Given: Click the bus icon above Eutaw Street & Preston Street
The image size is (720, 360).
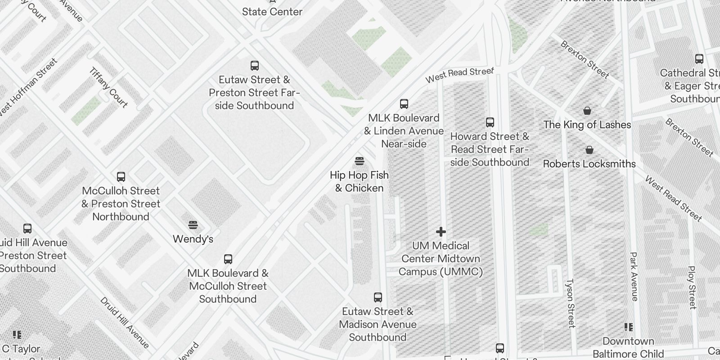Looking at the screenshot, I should pyautogui.click(x=255, y=66).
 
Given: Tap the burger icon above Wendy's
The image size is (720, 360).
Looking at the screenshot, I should pyautogui.click(x=193, y=225).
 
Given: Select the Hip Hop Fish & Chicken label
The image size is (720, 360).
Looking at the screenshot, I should pyautogui.click(x=359, y=181).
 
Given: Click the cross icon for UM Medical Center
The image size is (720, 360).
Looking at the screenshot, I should pyautogui.click(x=441, y=232).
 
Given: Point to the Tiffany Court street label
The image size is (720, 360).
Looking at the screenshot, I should pyautogui.click(x=108, y=87).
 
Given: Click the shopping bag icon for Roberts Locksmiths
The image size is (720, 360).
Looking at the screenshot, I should pyautogui.click(x=589, y=150).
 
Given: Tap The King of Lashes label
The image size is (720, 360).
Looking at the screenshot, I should pyautogui.click(x=587, y=125).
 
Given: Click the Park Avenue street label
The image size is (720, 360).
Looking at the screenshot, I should pyautogui.click(x=634, y=276).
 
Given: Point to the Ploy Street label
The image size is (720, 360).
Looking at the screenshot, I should pyautogui.click(x=692, y=288).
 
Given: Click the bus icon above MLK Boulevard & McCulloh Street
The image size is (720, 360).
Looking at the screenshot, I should pyautogui.click(x=228, y=259).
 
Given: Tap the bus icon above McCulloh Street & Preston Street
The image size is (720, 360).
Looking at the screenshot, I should pyautogui.click(x=121, y=177).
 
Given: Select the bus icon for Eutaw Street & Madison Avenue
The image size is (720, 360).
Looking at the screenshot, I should pyautogui.click(x=378, y=297).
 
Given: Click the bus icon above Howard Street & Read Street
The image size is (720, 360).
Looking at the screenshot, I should pyautogui.click(x=490, y=122).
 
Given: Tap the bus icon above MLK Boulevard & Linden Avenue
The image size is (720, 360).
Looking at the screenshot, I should pyautogui.click(x=404, y=104).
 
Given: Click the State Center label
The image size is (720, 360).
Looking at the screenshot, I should pyautogui.click(x=272, y=12).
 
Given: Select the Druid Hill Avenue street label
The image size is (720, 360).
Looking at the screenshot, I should pyautogui.click(x=125, y=322).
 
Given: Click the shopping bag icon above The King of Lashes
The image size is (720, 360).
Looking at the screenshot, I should pyautogui.click(x=587, y=111).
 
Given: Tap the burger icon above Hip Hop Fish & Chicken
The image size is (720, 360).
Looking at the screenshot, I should pyautogui.click(x=359, y=161).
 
